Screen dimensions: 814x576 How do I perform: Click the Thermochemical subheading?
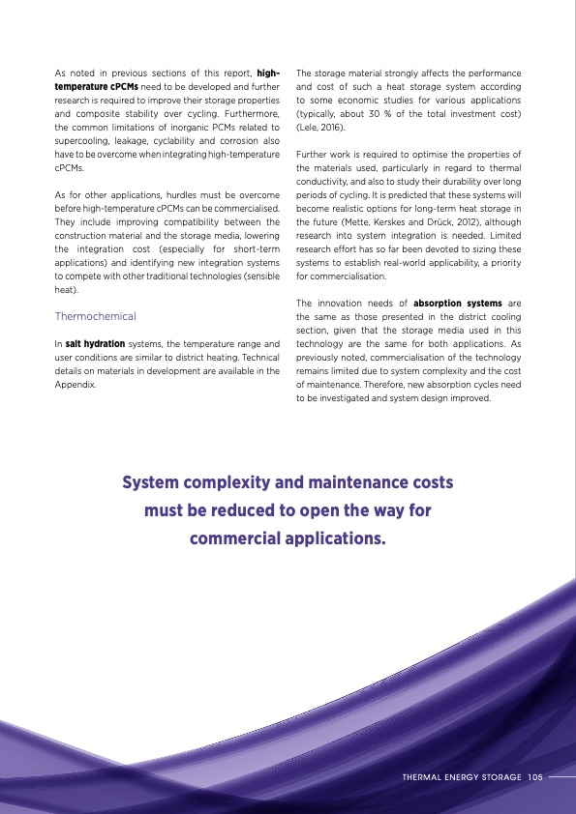[x=96, y=316]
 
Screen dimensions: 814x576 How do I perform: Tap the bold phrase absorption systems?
[x=458, y=304]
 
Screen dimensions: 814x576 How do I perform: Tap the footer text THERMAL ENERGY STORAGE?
[x=462, y=775]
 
